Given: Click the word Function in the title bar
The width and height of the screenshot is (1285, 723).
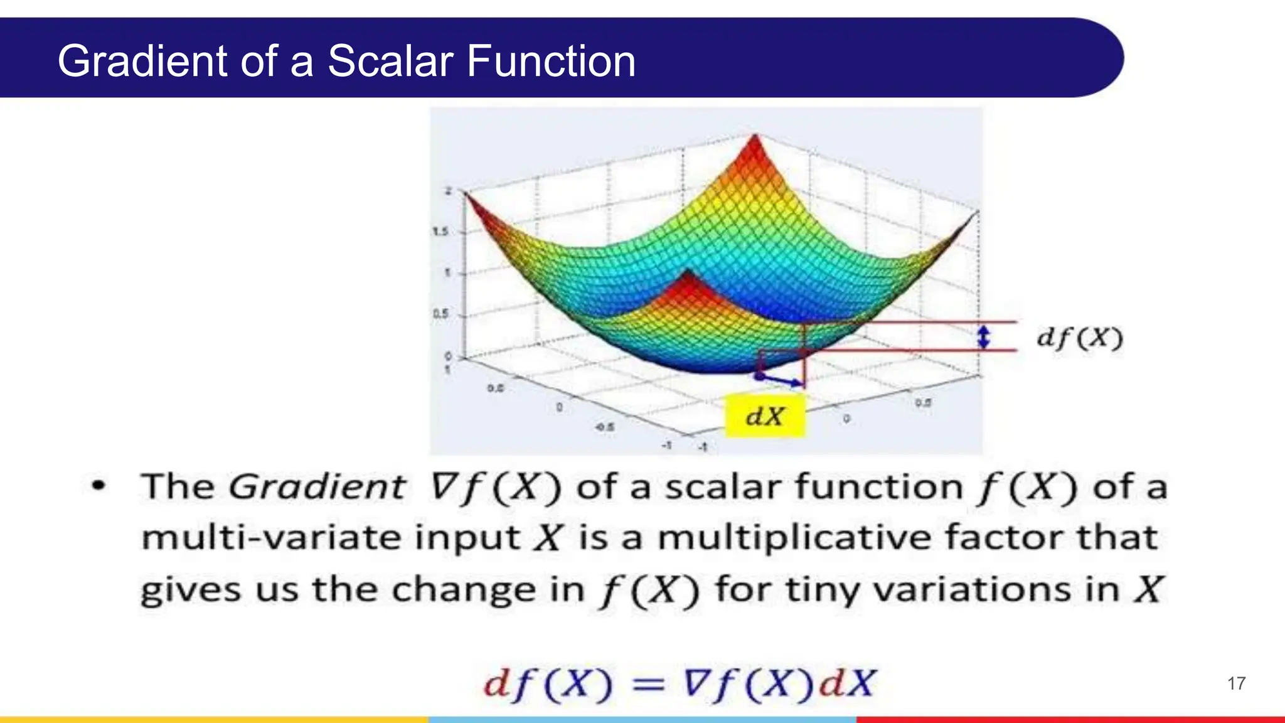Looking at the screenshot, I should coord(550,62).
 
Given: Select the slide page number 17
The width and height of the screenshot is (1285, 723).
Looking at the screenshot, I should coord(1236,683).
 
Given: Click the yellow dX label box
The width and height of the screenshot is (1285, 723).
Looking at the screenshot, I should coord(765,415).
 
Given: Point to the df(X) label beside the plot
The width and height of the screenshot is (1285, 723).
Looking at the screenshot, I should coord(1079,338).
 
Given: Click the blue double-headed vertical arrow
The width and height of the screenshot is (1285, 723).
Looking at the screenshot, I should coord(984,337).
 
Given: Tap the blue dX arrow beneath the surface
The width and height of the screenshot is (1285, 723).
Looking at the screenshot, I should coord(781,379).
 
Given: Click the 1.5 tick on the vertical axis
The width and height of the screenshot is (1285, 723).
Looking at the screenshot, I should coord(440,232).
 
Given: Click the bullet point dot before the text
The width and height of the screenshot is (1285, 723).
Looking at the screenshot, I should coord(99,486).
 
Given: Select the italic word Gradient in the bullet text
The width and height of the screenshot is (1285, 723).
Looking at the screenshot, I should coord(317,487).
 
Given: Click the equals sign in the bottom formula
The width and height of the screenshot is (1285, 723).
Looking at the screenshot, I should coord(648,684).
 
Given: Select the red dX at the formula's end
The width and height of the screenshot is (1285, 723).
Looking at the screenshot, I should coord(846,683).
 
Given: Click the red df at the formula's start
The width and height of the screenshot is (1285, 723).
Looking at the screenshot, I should coord(509,683).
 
